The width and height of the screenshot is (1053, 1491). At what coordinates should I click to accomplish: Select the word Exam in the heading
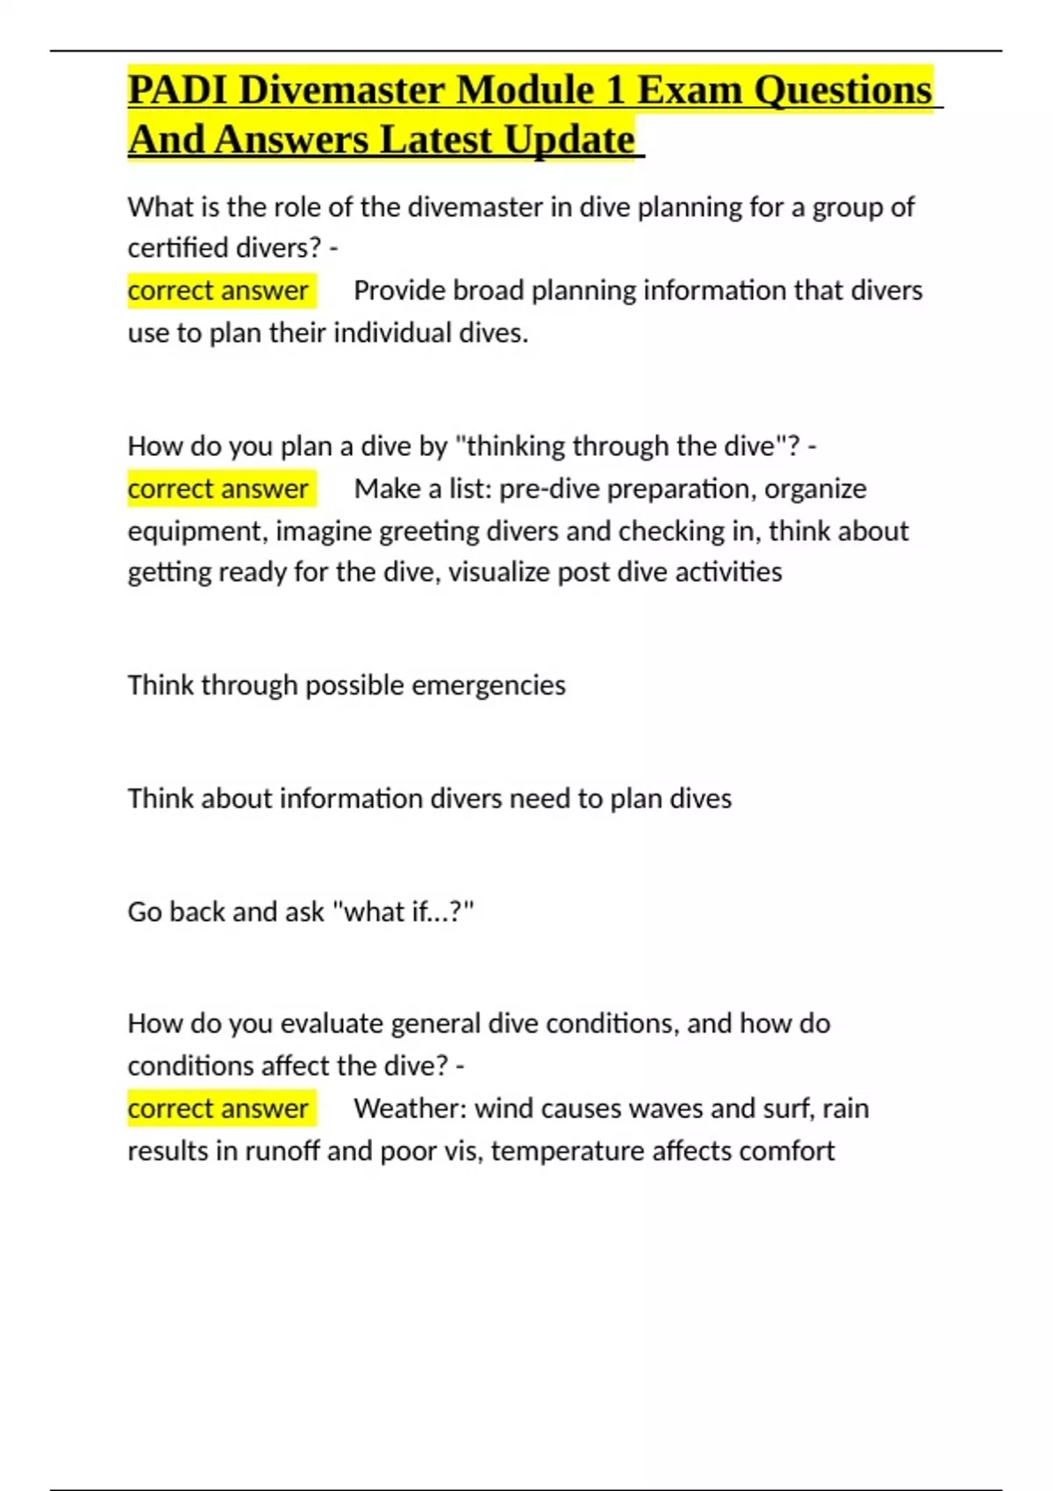[690, 90]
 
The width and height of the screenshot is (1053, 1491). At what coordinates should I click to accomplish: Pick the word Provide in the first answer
[395, 290]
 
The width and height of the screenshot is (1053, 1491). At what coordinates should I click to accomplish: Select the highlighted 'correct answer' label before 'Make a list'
[218, 489]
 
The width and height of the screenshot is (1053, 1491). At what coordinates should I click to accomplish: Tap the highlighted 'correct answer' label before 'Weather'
[218, 1109]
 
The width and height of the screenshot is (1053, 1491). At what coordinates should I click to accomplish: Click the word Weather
[410, 1109]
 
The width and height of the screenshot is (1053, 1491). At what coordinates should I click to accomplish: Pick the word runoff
[282, 1151]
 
